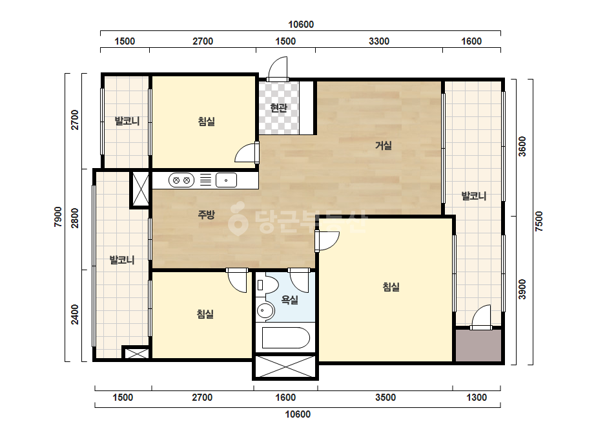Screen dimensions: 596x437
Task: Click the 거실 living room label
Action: [383, 145]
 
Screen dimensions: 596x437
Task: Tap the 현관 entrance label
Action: [278, 108]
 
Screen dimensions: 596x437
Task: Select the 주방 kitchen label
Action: [207, 215]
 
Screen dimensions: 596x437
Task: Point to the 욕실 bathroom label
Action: [290, 300]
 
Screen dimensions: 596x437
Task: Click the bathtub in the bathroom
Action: [285, 337]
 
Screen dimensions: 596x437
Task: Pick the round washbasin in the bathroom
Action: [265, 311]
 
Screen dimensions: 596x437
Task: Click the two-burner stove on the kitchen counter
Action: [181, 180]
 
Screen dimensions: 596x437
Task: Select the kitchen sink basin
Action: [226, 180]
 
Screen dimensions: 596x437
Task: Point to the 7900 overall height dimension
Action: [57, 217]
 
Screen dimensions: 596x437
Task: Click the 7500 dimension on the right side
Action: [539, 222]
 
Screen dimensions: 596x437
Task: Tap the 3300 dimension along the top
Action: [379, 41]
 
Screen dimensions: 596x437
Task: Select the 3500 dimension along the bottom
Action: [385, 398]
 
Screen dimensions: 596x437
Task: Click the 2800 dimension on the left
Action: [75, 218]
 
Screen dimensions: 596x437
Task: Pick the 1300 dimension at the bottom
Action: [477, 398]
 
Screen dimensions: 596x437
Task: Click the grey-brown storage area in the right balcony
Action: [478, 346]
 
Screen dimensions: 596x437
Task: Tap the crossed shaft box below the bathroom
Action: [285, 367]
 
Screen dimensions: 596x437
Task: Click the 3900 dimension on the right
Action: [522, 290]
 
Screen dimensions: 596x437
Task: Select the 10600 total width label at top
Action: [301, 25]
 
